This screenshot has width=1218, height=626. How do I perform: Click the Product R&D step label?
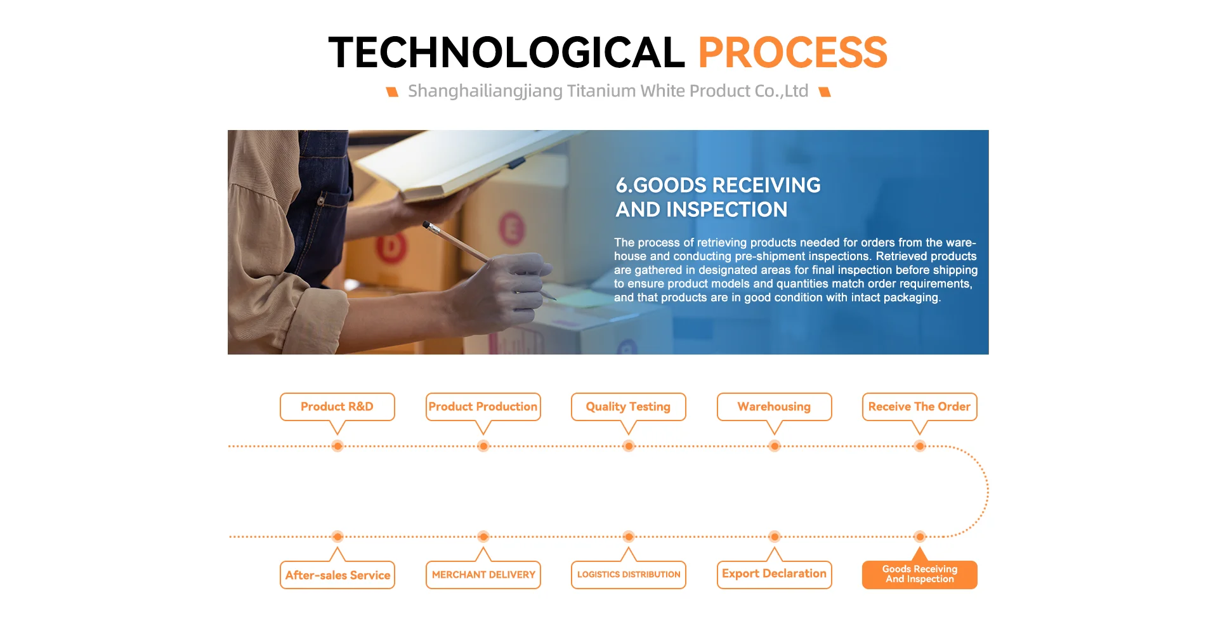[337, 407]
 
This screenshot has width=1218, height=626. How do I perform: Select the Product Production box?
[483, 407]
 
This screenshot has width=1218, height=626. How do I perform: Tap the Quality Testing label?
[628, 407]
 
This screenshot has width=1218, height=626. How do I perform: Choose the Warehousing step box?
[774, 407]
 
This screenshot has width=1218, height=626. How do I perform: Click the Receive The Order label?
[919, 407]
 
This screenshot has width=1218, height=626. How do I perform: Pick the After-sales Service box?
[337, 575]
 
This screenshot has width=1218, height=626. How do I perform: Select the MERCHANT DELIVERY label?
[483, 575]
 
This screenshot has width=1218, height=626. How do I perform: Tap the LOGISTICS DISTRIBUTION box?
[628, 575]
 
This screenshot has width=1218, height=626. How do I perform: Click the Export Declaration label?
[774, 575]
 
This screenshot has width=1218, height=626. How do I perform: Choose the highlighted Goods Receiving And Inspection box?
[919, 575]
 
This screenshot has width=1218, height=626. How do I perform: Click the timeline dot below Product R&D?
[337, 446]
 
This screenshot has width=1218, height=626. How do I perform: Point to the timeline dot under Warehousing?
[774, 446]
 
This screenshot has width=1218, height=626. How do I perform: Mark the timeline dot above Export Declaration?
[774, 537]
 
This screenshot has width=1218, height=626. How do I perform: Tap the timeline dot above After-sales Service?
[337, 537]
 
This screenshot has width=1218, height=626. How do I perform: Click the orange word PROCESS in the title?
[792, 52]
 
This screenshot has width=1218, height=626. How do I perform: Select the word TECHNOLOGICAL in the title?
[506, 52]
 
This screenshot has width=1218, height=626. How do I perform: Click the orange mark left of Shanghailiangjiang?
[393, 92]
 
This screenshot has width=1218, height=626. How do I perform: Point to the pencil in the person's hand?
[488, 260]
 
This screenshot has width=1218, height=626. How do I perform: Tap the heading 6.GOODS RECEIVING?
[718, 185]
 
